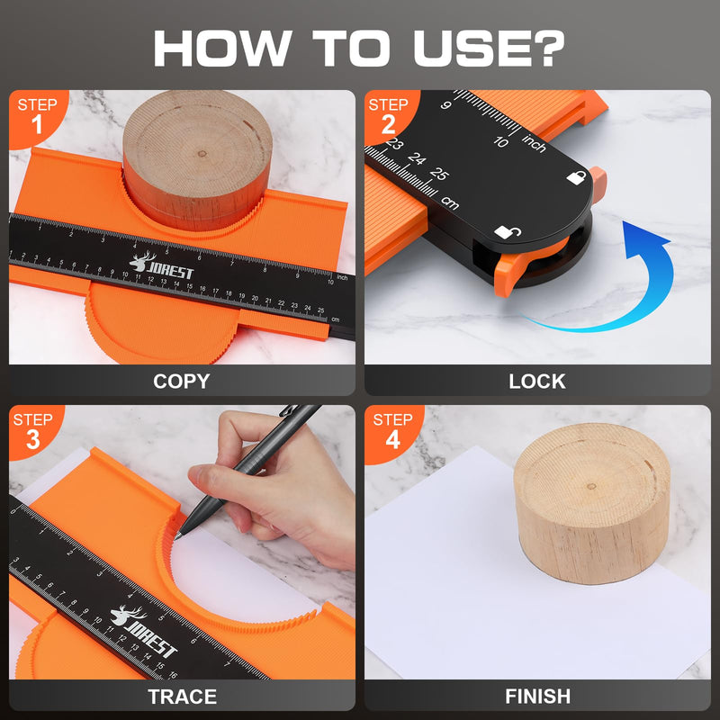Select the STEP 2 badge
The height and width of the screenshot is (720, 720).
pos(388,115)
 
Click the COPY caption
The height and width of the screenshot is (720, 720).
pos(181,381)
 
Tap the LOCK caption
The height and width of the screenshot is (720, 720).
pos(537,381)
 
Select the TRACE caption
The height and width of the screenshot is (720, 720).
pos(182,697)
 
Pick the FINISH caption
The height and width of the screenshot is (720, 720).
pos(537,697)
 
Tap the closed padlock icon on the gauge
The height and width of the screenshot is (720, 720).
pos(575,177)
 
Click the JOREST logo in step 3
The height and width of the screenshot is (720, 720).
pos(144,631)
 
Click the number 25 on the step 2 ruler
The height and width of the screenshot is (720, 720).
pos(439,174)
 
